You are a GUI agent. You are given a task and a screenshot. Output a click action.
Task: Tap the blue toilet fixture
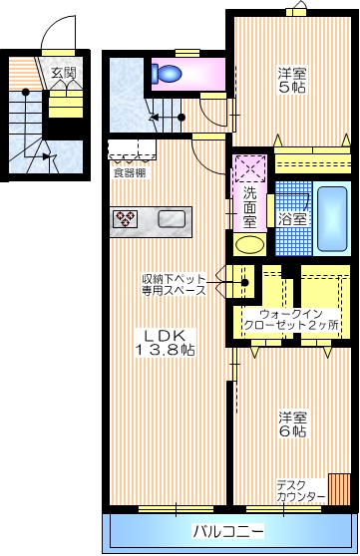(167, 73)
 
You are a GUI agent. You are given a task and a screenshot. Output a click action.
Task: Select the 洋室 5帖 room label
(293, 80)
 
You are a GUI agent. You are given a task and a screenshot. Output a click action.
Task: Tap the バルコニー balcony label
(228, 529)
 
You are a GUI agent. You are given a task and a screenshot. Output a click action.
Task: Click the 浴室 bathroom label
(292, 217)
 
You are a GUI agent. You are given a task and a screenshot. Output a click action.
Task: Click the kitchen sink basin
(171, 219)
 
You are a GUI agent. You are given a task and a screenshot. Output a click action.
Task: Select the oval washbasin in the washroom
(248, 244)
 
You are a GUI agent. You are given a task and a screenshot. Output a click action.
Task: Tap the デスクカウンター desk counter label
(300, 490)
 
